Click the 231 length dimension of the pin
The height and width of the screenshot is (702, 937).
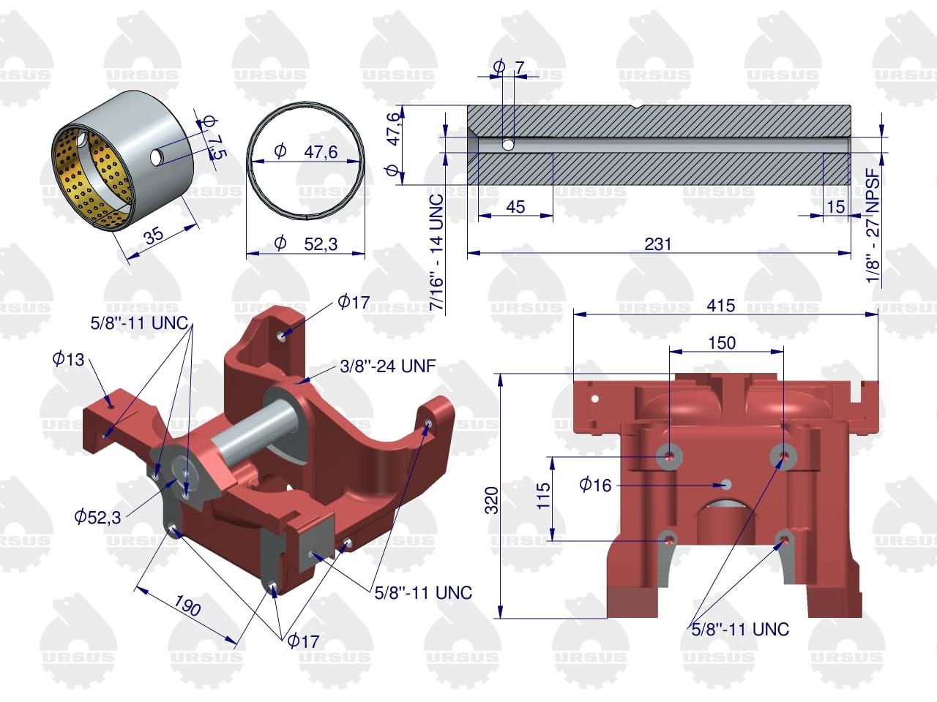(658, 244)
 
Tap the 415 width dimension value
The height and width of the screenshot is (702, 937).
(720, 305)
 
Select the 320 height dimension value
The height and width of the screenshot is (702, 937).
(492, 500)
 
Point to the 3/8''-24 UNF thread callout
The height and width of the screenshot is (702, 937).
(388, 366)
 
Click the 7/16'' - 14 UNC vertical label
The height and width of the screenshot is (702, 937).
(437, 252)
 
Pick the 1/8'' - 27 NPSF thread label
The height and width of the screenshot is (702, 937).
(873, 225)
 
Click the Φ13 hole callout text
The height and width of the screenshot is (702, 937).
(68, 359)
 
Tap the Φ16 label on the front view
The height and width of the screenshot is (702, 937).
(595, 485)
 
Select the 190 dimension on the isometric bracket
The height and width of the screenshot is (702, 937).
(187, 605)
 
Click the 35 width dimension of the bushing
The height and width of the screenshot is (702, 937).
(154, 235)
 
